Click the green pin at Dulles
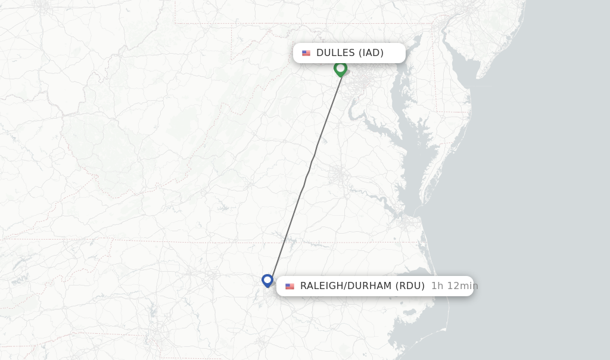[340, 69]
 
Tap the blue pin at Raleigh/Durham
[267, 280]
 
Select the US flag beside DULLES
[306, 53]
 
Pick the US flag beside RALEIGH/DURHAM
[290, 286]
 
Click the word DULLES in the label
[335, 53]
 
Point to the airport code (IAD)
[371, 53]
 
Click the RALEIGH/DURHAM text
[346, 286]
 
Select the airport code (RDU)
[410, 286]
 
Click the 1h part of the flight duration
[437, 286]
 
